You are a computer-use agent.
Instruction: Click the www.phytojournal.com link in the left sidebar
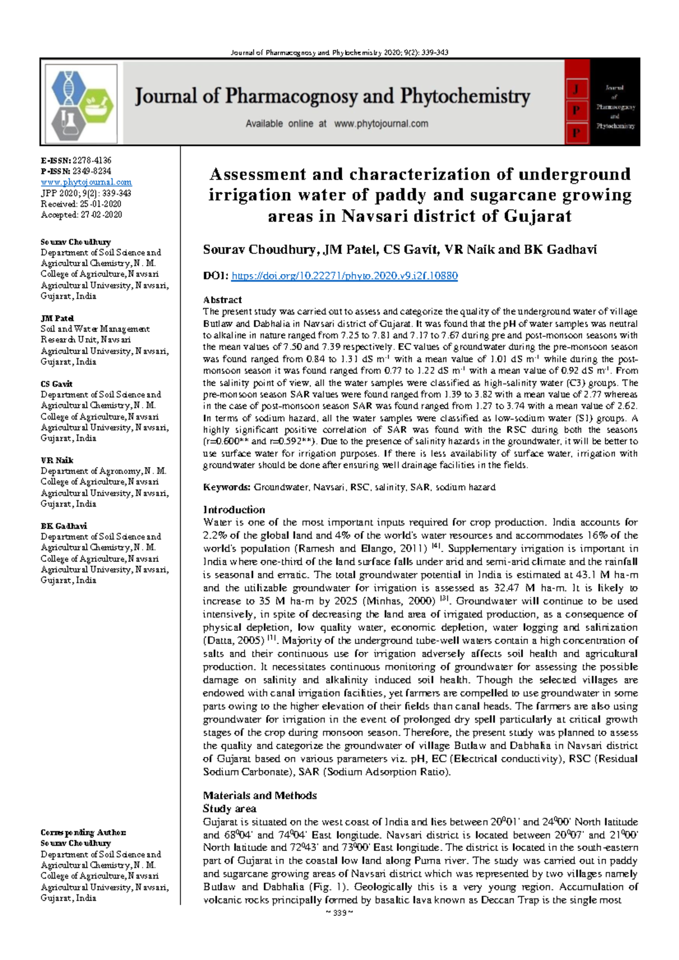(x=86, y=182)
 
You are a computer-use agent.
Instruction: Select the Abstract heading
(x=222, y=300)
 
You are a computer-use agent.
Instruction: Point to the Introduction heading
(x=234, y=509)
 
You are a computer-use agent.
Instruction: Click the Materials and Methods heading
(x=260, y=795)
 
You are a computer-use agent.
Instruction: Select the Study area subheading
(x=229, y=808)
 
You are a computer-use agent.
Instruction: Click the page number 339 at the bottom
(x=339, y=913)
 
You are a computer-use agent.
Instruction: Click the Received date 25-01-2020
(x=100, y=204)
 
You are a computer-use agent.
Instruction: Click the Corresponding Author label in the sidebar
(x=83, y=832)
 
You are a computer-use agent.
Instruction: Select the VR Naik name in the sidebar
(x=57, y=460)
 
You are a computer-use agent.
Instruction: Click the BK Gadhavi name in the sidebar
(x=63, y=526)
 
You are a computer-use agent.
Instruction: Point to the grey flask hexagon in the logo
(x=69, y=124)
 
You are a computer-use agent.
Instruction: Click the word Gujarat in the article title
(x=538, y=216)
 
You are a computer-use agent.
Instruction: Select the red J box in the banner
(x=576, y=89)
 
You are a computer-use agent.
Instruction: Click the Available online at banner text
(x=286, y=124)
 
